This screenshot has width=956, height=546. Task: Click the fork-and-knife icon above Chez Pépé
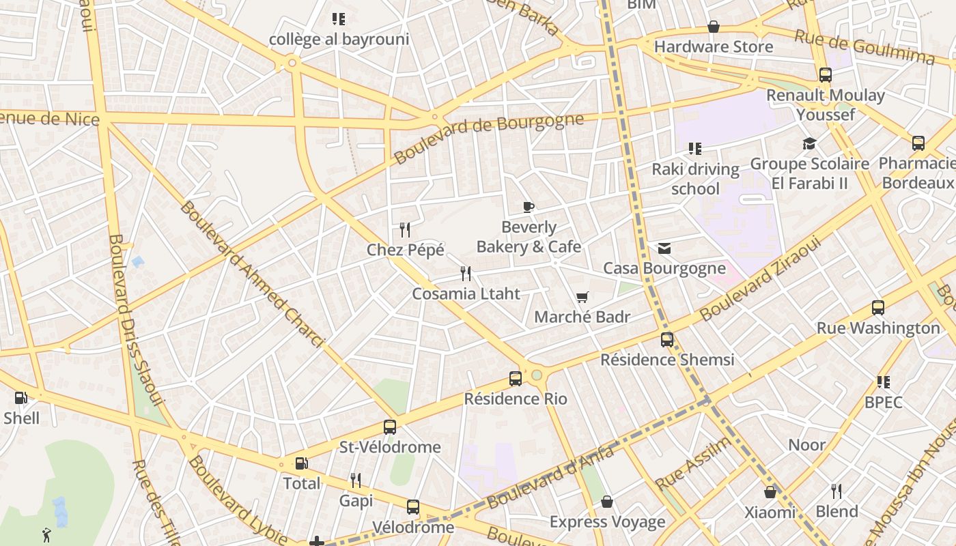point(405,230)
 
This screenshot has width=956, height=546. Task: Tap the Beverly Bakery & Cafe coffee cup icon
point(528,207)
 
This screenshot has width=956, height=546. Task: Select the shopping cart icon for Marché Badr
point(582,297)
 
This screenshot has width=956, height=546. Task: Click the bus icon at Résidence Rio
point(516,378)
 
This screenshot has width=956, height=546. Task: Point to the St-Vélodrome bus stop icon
point(389,427)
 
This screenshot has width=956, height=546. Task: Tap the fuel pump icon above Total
point(301,463)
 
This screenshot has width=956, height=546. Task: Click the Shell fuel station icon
point(21,398)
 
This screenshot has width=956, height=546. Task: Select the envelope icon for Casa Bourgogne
point(664,248)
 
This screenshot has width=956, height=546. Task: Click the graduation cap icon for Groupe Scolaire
point(809,143)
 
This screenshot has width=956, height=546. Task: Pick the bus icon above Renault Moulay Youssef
point(825,75)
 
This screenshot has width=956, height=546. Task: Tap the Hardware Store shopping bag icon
point(713,27)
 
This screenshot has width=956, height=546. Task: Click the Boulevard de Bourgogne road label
point(488,139)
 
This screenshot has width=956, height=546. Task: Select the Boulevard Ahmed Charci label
point(251,273)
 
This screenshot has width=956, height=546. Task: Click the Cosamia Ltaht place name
point(466,294)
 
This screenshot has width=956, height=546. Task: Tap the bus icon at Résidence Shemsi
point(666,339)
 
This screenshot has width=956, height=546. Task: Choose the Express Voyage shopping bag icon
point(606,502)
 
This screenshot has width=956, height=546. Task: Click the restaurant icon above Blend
point(836,491)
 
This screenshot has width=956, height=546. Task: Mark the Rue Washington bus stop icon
point(877,308)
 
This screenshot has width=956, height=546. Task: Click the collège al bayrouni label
point(339,39)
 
